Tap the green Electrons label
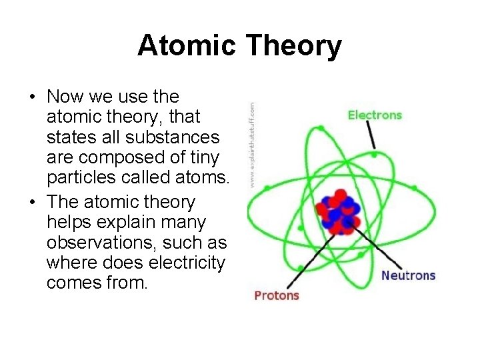click(x=375, y=115)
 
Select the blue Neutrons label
click(x=408, y=275)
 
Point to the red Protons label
click(x=277, y=295)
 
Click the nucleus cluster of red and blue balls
click(x=340, y=212)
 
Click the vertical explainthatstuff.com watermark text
click(x=251, y=143)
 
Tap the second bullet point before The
click(x=32, y=202)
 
